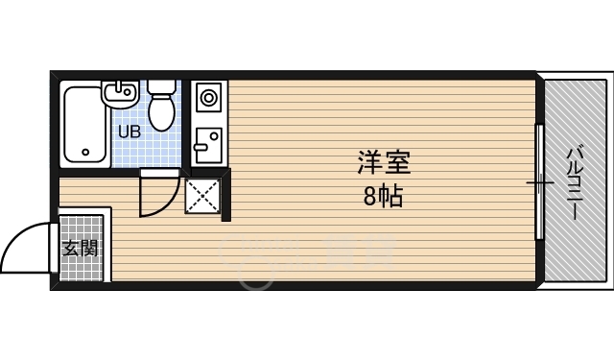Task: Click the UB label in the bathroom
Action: [130, 132]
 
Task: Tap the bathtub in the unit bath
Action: [85, 125]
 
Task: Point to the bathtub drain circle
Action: [86, 152]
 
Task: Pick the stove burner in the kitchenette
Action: [208, 97]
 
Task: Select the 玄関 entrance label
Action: [81, 249]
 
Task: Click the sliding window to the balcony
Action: [540, 182]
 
